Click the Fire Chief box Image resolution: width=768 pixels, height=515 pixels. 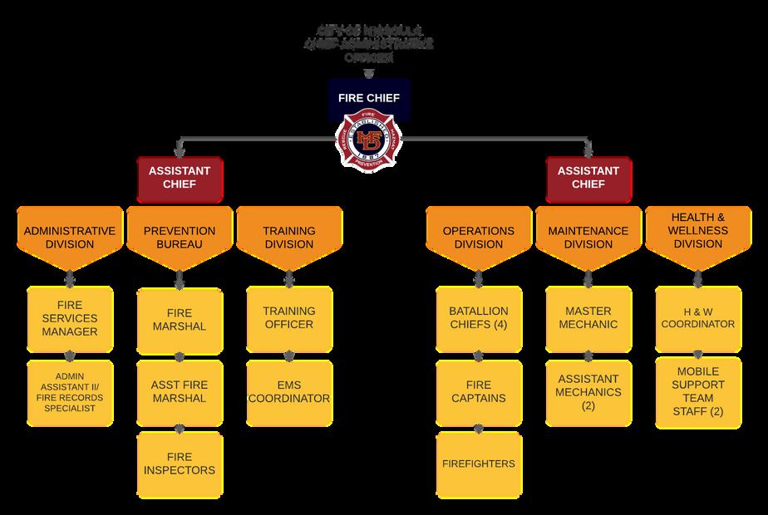[x=369, y=98]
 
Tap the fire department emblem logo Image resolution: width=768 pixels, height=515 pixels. [x=369, y=140]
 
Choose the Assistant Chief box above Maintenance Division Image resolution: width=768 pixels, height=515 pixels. [x=588, y=178]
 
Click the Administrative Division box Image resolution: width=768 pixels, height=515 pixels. [x=69, y=237]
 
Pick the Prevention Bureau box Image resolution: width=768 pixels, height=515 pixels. [x=179, y=237]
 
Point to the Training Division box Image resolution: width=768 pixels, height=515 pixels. [x=288, y=237]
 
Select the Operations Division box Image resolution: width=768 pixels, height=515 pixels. [x=478, y=237]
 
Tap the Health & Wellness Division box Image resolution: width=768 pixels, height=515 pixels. [x=698, y=231]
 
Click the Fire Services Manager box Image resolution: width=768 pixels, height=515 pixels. [x=69, y=318]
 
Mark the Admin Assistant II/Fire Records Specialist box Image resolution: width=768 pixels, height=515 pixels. [x=69, y=392]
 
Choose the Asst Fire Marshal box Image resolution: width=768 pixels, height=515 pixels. [x=179, y=392]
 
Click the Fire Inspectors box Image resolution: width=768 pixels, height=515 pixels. [x=179, y=463]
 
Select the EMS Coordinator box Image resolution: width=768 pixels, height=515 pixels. [x=288, y=392]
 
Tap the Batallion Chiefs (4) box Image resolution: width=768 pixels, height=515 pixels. [x=478, y=318]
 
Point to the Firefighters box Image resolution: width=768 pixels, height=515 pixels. [x=478, y=463]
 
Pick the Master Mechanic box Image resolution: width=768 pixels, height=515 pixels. [x=588, y=318]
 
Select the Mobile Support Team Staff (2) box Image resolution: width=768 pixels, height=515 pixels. [x=698, y=392]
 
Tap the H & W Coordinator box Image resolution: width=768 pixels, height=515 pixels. [x=698, y=318]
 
